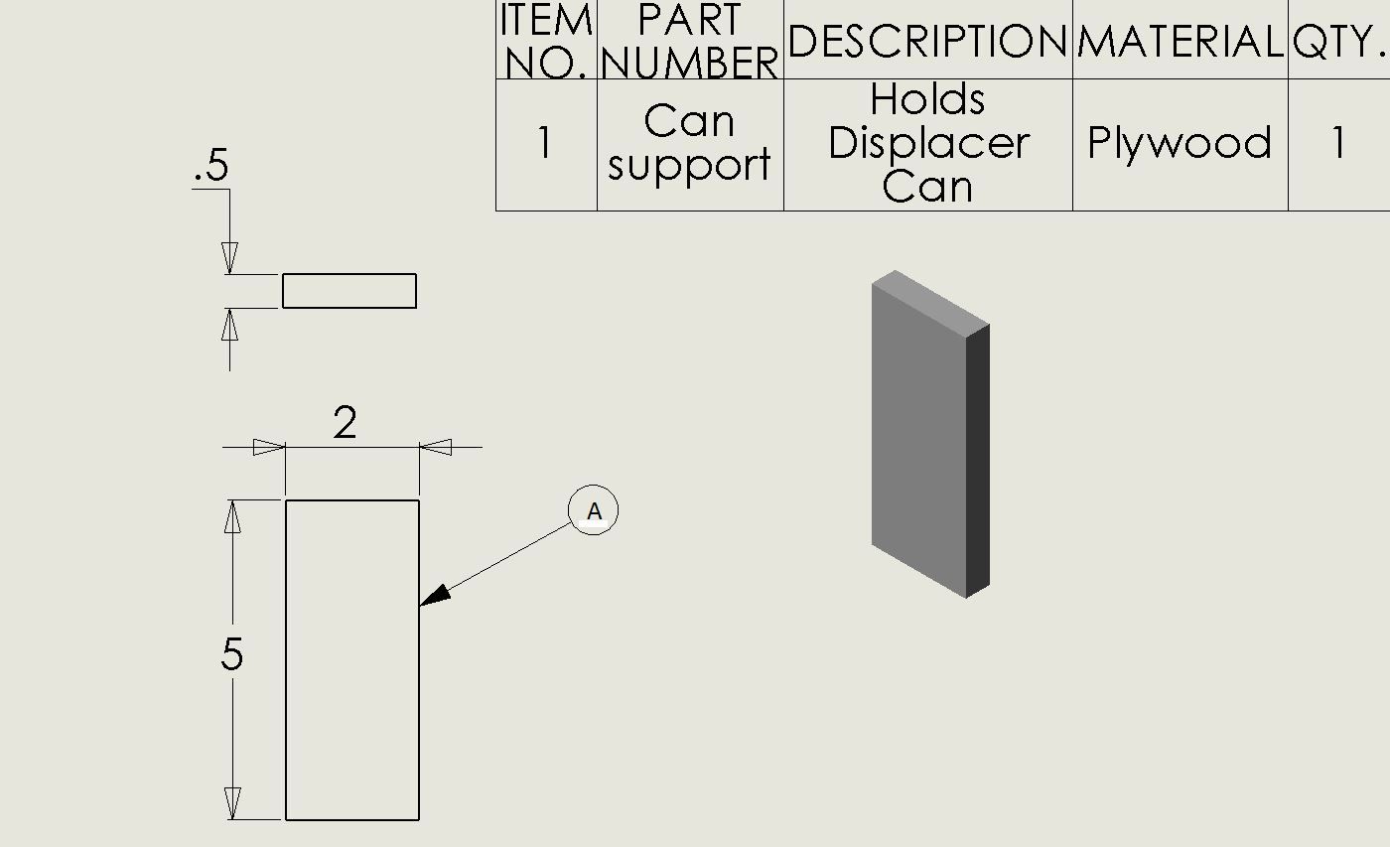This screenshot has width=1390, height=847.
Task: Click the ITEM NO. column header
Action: pos(546,40)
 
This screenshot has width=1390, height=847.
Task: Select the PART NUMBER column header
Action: pos(690,40)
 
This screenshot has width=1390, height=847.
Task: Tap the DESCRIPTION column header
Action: pos(927,41)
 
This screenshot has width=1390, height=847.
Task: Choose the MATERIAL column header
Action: pos(1181,41)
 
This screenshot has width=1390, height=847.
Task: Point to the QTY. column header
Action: pos(1338,41)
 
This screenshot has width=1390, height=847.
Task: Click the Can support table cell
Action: pos(689,143)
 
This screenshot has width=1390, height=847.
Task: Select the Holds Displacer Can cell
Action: pos(928,143)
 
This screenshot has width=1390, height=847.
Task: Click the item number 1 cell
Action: pos(545,143)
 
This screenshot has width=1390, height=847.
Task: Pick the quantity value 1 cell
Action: pos(1339,143)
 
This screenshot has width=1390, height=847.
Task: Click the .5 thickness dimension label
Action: pos(211,165)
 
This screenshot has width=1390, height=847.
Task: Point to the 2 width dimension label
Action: pos(346,423)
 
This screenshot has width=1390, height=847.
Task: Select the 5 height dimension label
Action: pos(232,653)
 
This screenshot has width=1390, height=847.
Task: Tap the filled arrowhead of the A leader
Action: pos(435,596)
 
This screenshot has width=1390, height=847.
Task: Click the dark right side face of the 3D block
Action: pos(978,461)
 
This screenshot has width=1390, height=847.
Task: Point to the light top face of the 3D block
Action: pos(931,304)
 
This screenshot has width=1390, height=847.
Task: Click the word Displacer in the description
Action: pos(929,143)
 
